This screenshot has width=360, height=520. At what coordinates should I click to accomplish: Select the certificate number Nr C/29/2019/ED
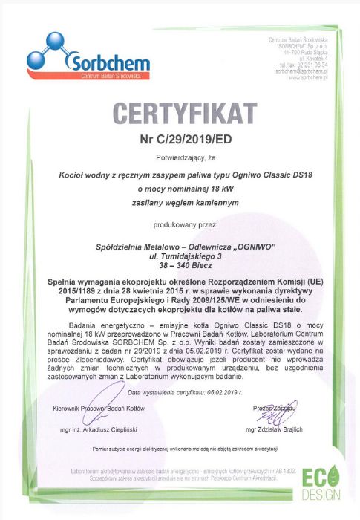click(x=180, y=138)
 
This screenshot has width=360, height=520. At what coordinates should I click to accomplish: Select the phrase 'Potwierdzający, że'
click(x=180, y=158)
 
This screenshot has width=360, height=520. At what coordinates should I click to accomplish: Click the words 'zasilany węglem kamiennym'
click(x=181, y=202)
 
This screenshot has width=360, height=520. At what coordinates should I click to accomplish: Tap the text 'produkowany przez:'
click(x=181, y=222)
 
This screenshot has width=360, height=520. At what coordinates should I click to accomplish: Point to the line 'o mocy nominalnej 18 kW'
click(x=181, y=188)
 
